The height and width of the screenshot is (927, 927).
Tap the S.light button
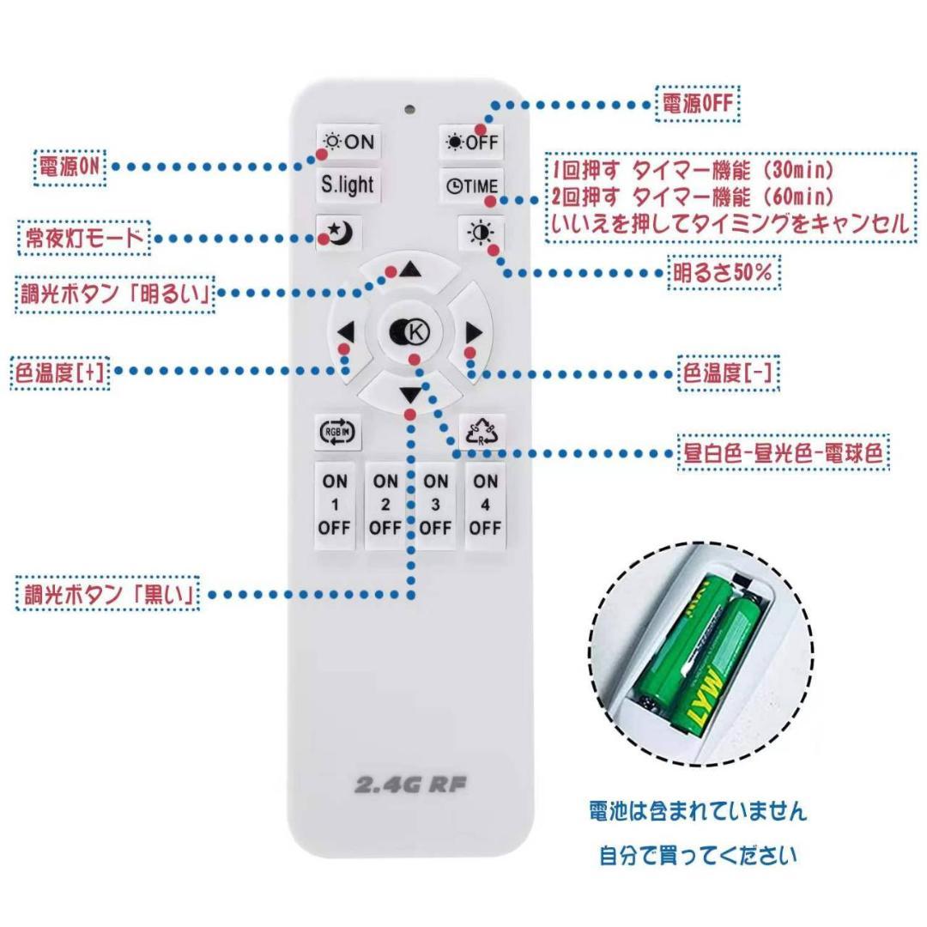[x=348, y=185]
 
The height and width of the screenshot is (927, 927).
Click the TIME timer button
[x=471, y=185]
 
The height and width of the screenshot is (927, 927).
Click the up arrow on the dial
[x=409, y=270]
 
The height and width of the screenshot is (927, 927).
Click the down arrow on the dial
[x=410, y=395]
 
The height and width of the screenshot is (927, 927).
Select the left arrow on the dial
[x=346, y=332]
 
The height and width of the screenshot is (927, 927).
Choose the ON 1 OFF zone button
[x=335, y=506]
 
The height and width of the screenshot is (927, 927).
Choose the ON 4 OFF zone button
[x=485, y=506]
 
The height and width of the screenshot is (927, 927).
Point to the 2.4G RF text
[x=410, y=784]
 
